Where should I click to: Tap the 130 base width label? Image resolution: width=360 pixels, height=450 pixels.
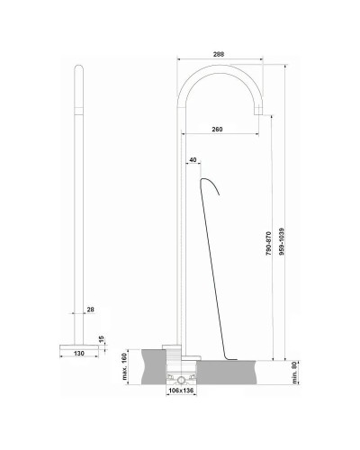[82, 355]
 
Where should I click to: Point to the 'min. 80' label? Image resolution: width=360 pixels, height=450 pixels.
[295, 370]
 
